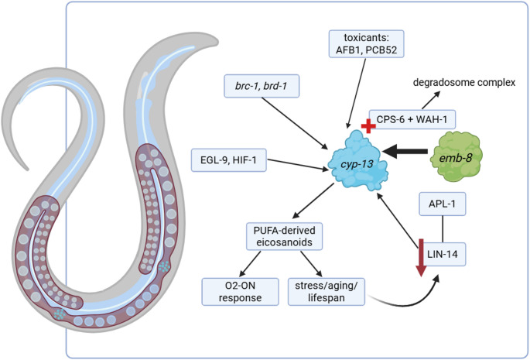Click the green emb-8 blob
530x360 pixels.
(456, 156)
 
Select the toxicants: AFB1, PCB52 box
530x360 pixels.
(367, 43)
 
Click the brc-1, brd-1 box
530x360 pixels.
(262, 86)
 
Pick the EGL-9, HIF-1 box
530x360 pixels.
(229, 159)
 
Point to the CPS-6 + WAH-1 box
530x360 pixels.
(412, 119)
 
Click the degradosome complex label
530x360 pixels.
(464, 83)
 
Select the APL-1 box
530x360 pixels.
(443, 204)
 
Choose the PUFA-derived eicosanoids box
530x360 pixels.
(284, 236)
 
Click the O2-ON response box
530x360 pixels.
(241, 292)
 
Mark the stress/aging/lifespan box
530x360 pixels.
(327, 292)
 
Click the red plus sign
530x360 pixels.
(368, 126)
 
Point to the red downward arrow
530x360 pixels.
(421, 258)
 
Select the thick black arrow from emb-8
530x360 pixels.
(405, 151)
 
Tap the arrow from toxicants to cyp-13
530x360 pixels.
(356, 93)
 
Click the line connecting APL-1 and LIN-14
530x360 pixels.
(443, 229)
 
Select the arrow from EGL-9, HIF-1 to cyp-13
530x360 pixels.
(297, 164)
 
